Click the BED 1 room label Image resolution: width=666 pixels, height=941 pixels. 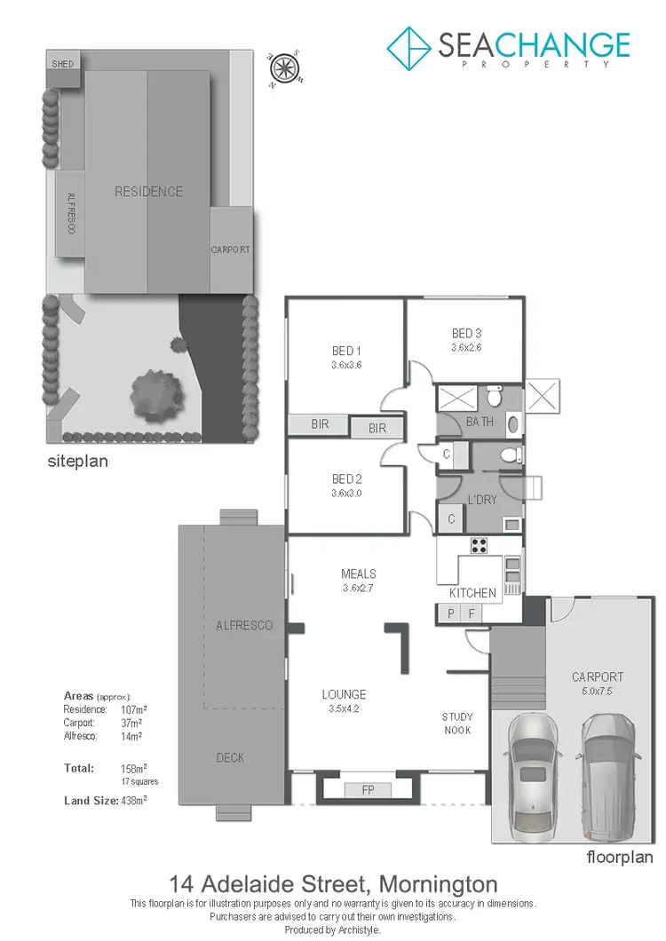point(346,350)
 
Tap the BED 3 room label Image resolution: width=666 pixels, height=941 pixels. point(466,334)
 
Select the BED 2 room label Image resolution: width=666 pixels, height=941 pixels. point(346,479)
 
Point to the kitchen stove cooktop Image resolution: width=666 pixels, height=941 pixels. point(480,546)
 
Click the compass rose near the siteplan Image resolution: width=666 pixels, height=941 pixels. point(283,67)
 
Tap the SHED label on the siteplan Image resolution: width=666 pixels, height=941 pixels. point(63,64)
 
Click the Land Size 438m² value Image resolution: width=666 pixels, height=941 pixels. point(133,800)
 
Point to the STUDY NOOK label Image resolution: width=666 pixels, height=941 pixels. point(458,723)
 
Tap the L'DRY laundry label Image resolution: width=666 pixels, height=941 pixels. point(482,500)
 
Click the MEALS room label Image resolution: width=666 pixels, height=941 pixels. point(359,573)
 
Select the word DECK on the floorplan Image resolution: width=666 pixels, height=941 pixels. point(230,757)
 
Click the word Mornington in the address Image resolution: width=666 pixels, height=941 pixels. point(438,884)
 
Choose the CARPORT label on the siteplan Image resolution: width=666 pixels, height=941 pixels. point(231,250)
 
